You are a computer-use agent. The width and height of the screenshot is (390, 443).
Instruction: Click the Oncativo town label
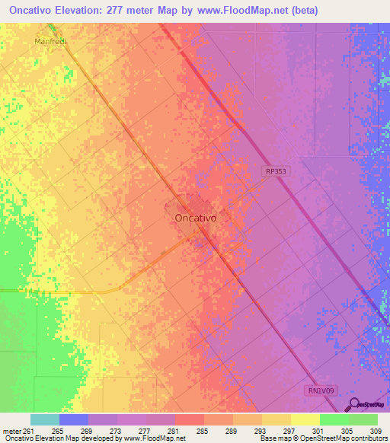196,218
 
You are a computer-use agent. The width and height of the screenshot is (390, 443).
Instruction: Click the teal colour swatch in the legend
45,419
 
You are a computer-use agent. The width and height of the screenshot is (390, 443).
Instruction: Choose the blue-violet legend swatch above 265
74,419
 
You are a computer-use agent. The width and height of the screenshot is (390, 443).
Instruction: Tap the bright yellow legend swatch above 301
305,419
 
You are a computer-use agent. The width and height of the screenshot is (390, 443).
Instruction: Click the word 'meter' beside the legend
10,430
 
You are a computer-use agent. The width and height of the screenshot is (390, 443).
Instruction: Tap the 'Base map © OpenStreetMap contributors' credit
321,438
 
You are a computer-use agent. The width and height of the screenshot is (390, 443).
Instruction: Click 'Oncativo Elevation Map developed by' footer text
47,438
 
